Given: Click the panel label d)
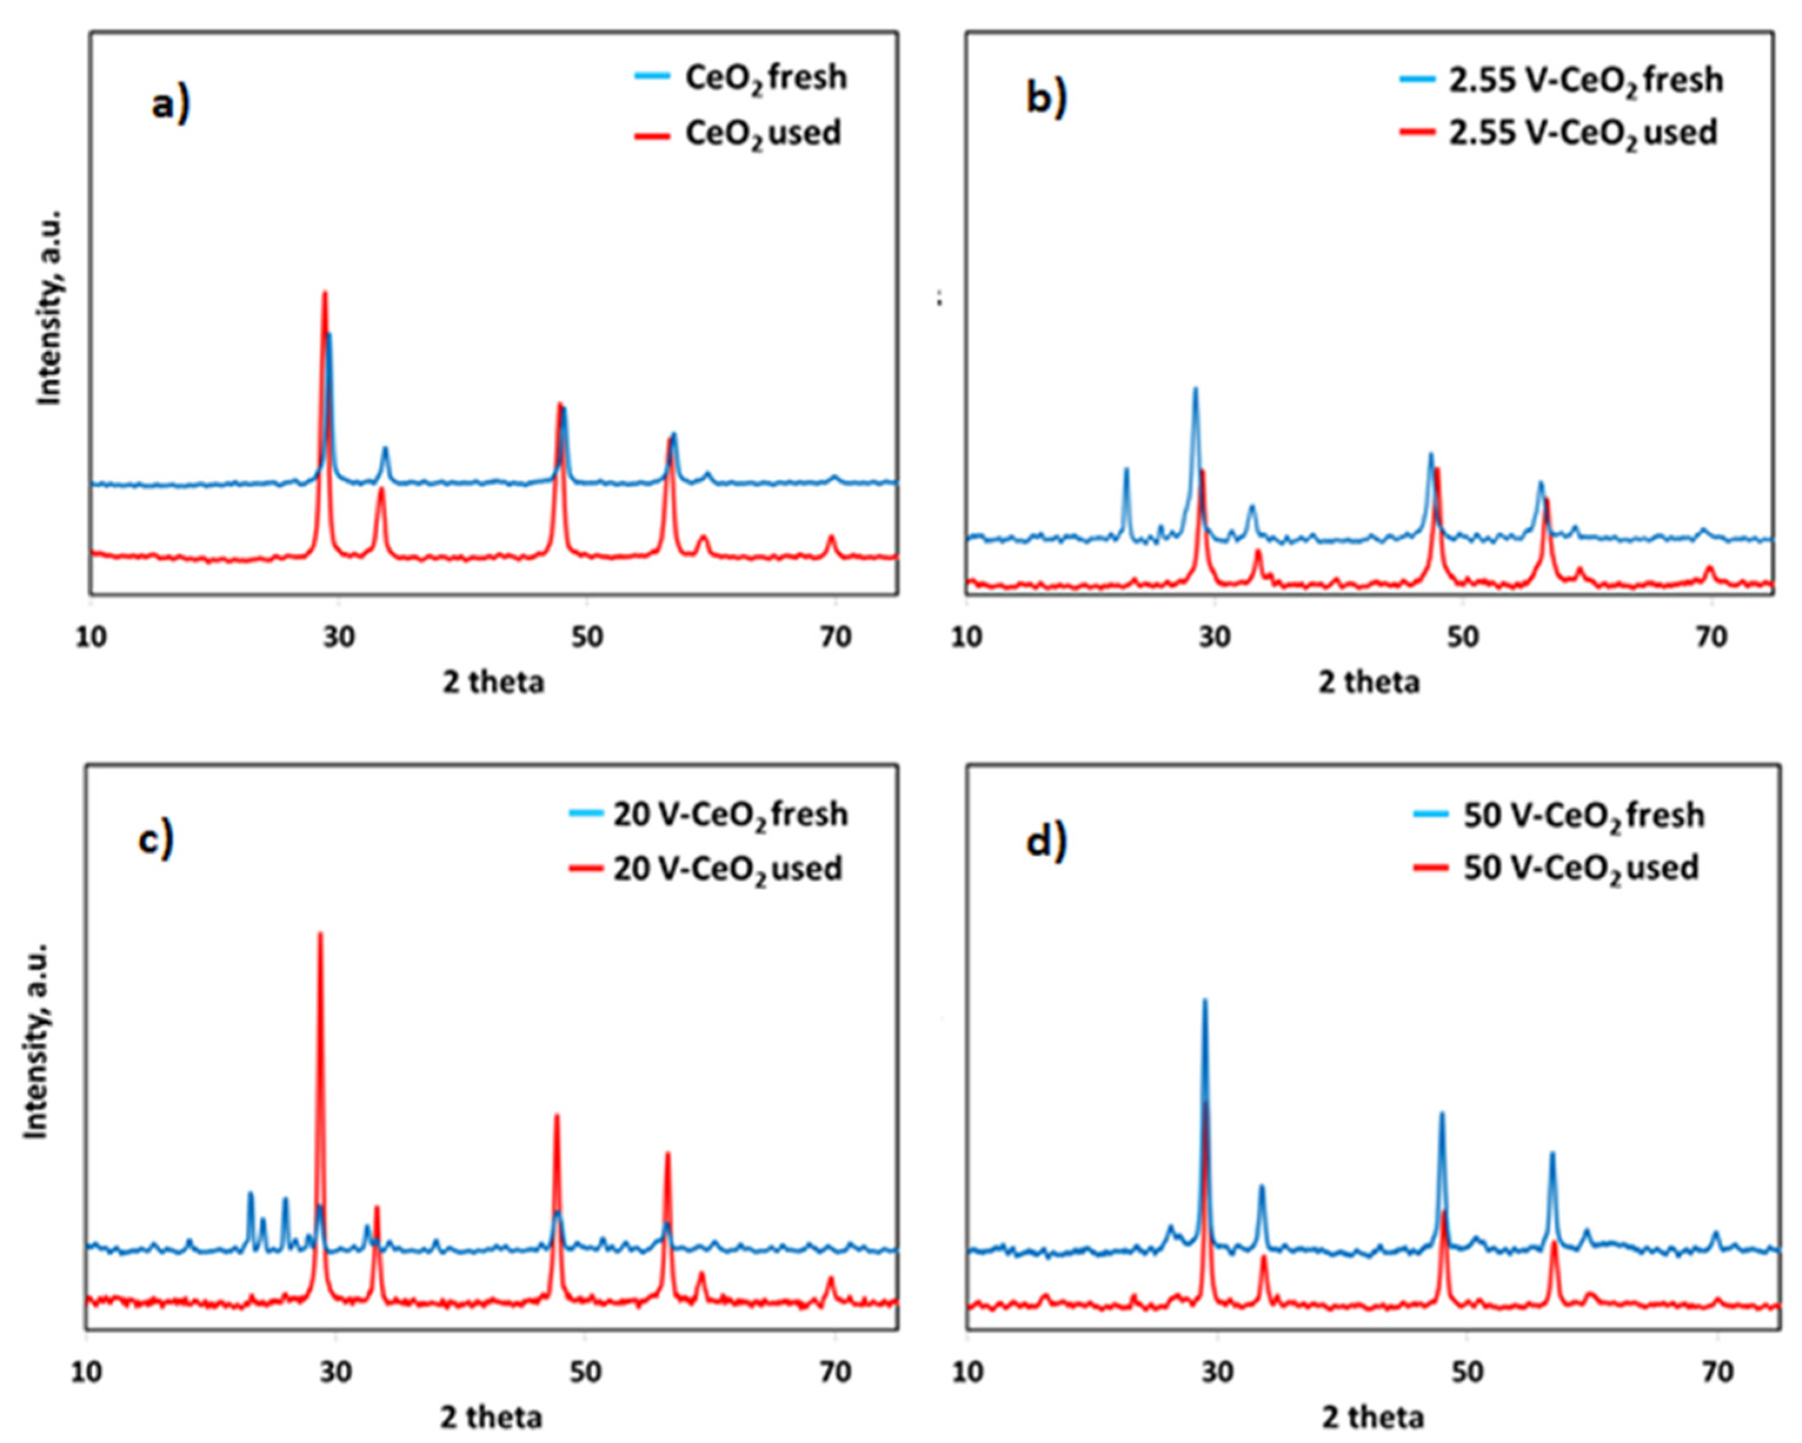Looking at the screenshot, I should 1047,841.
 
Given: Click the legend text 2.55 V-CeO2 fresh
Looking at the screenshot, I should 1586,80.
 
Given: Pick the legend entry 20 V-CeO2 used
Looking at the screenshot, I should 727,869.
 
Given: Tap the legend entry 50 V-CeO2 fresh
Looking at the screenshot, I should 1584,815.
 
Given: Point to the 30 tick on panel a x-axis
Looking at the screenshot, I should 338,638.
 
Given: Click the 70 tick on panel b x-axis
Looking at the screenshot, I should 1710,638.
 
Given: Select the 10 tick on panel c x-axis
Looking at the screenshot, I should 88,1372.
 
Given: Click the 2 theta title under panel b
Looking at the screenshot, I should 1369,682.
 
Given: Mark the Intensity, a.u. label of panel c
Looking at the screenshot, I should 36,1040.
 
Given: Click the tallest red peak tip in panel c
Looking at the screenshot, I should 320,934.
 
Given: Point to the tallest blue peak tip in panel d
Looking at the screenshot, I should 1204,1000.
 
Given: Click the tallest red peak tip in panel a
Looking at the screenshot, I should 325,292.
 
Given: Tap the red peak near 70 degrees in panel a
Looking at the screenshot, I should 831,536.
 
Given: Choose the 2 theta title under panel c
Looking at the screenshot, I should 492,1417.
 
